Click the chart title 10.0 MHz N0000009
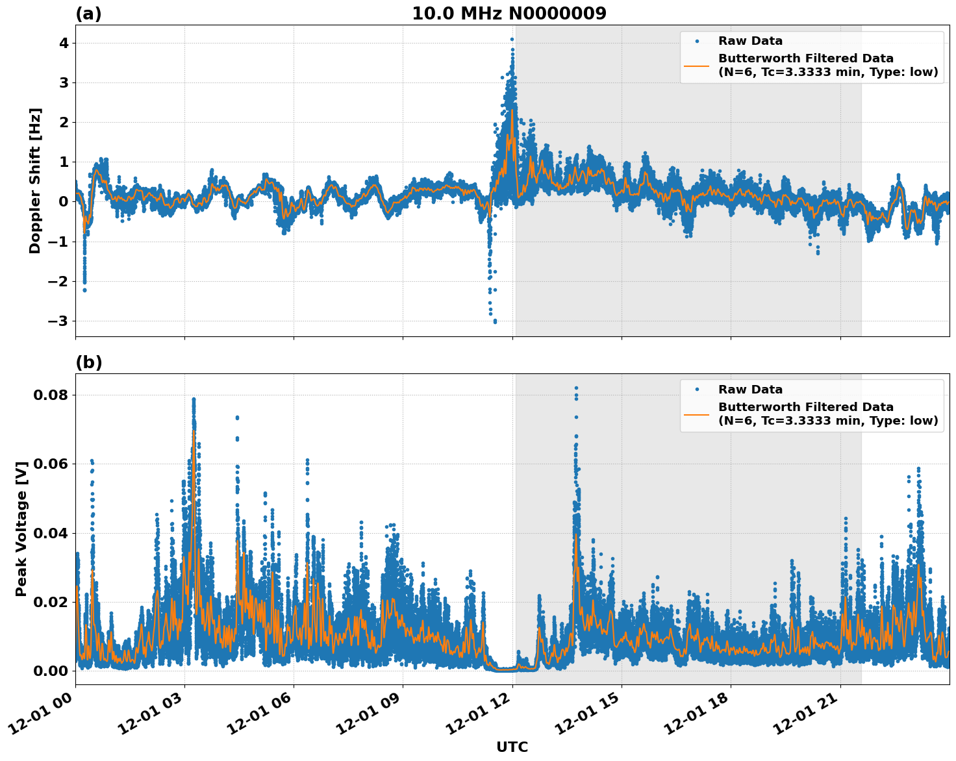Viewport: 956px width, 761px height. point(509,14)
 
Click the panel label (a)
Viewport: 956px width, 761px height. point(88,14)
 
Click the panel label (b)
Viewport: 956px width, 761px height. point(88,362)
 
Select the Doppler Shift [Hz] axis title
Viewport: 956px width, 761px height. point(35,181)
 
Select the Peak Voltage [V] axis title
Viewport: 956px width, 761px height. point(21,529)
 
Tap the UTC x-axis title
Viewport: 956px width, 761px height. point(512,747)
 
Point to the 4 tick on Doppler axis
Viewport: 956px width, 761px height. point(64,43)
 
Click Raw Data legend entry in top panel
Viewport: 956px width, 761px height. point(750,41)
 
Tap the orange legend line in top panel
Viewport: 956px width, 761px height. point(696,66)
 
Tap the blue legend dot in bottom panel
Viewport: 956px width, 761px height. point(696,390)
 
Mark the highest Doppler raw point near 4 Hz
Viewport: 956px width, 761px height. point(512,39)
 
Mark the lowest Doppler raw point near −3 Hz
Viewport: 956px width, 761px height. point(495,321)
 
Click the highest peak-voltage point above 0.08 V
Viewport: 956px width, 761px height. point(576,388)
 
